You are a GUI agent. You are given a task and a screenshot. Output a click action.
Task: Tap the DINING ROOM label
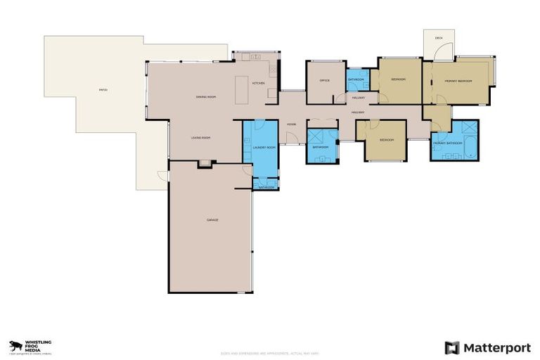(205, 96)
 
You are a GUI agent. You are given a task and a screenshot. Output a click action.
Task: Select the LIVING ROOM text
(201, 138)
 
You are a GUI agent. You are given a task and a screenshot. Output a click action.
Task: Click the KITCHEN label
(258, 84)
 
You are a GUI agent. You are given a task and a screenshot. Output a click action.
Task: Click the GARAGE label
(212, 220)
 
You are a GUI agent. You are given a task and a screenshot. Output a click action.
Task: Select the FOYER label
(290, 124)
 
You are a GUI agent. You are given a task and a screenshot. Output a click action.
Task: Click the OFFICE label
(324, 80)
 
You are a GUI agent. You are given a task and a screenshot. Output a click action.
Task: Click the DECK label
(438, 38)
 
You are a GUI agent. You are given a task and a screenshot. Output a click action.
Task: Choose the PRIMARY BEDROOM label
(458, 81)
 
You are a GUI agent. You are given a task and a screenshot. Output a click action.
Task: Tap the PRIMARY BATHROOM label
(447, 143)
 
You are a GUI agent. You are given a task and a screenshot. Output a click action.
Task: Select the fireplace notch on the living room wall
(204, 164)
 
